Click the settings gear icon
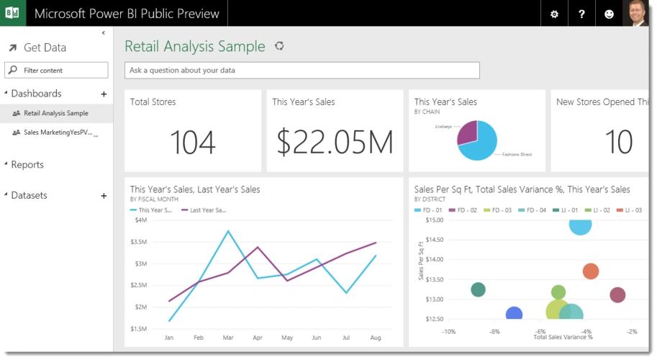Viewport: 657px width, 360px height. [x=554, y=14]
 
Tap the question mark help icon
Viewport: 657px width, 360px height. [x=581, y=14]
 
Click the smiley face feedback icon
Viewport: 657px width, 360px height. [x=609, y=14]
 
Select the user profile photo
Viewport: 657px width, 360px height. [x=636, y=14]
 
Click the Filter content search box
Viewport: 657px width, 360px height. [x=57, y=70]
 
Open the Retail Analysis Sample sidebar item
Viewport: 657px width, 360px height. [x=56, y=113]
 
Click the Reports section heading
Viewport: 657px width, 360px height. [x=27, y=164]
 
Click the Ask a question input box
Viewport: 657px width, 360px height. [x=302, y=70]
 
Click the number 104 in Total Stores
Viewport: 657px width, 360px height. [x=192, y=143]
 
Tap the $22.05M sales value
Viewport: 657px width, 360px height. [x=335, y=143]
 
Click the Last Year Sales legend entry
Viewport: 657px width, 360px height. [x=208, y=210]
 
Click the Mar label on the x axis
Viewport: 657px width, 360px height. [x=228, y=337]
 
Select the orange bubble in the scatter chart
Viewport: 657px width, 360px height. [x=590, y=271]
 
